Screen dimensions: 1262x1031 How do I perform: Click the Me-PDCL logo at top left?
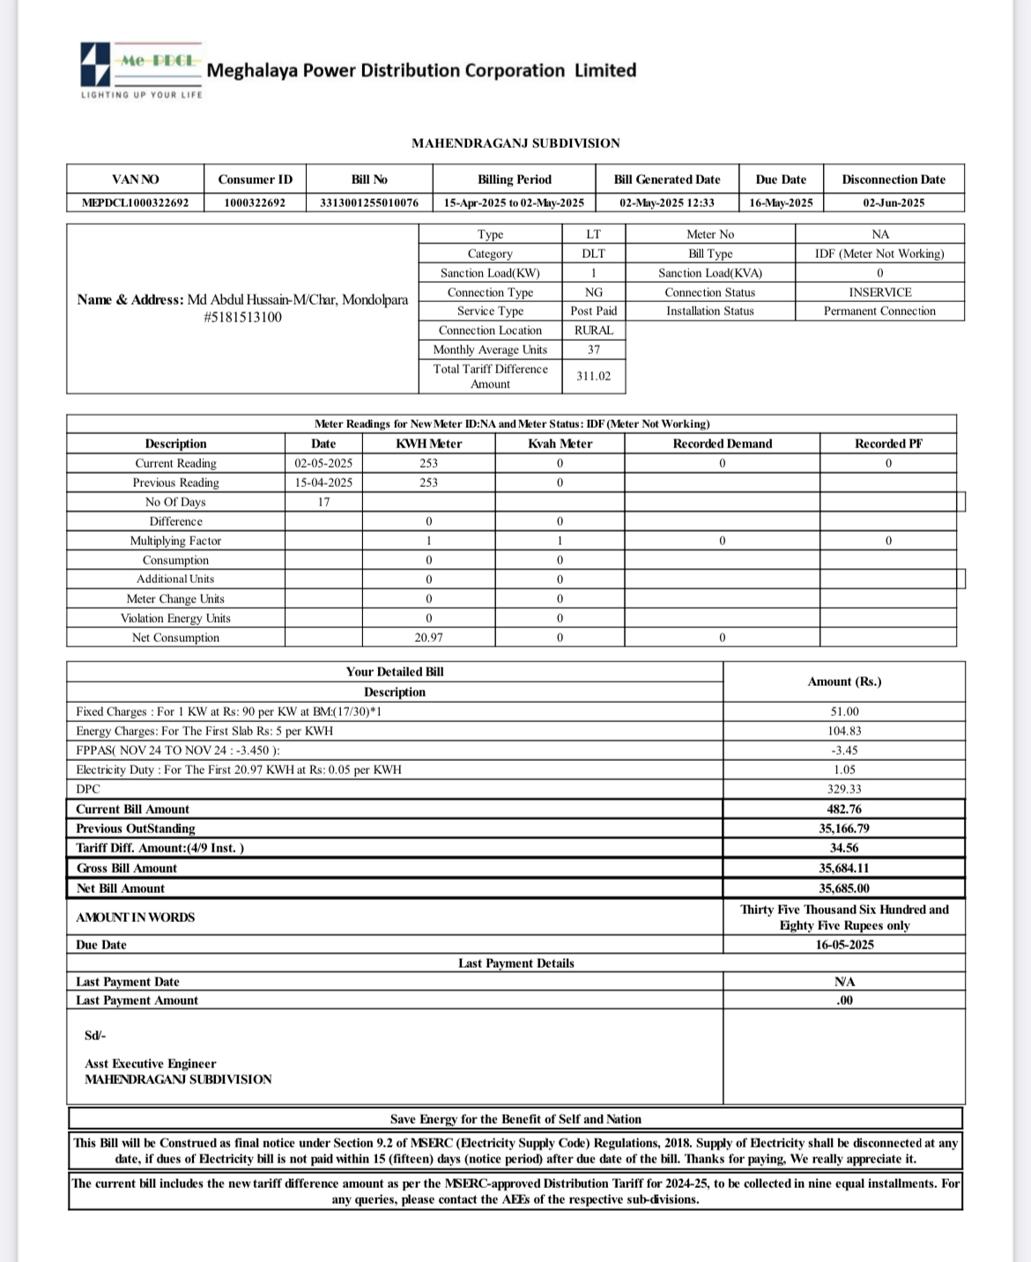[141, 70]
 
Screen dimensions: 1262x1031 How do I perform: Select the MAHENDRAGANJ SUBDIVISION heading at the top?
[515, 143]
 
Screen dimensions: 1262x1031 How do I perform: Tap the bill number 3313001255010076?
[369, 203]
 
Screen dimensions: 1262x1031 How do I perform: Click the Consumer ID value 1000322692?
[255, 203]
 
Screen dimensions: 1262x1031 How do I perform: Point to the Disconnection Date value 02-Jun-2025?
[894, 203]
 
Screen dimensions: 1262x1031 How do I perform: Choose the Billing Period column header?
[515, 180]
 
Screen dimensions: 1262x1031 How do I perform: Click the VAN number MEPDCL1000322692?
[136, 203]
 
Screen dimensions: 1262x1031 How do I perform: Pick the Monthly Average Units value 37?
[593, 350]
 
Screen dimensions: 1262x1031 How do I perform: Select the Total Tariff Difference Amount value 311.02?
[593, 376]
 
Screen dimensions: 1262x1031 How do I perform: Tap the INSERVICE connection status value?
[879, 292]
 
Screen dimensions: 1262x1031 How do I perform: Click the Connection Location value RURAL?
[593, 330]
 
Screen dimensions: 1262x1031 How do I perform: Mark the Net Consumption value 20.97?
[428, 638]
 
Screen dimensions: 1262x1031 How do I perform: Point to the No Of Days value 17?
[323, 502]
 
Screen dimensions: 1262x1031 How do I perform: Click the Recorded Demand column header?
[722, 444]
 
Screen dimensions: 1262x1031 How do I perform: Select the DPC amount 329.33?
[844, 789]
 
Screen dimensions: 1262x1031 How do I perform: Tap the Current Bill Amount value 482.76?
[844, 809]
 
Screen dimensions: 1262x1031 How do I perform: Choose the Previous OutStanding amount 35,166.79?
[844, 829]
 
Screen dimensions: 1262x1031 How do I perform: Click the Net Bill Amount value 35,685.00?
[844, 889]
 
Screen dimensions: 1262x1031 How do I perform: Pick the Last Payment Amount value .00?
[844, 1000]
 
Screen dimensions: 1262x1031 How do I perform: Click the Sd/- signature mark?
[95, 1036]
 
